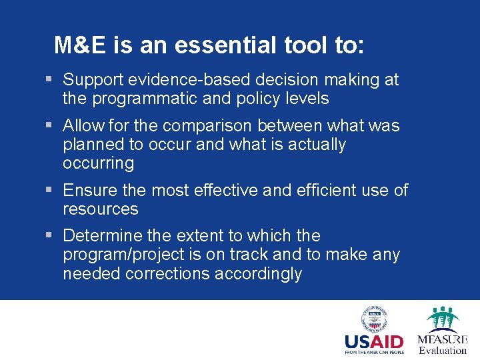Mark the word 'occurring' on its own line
point(98,163)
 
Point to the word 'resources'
point(100,209)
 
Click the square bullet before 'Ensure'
point(49,191)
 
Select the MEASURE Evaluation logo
point(442,330)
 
